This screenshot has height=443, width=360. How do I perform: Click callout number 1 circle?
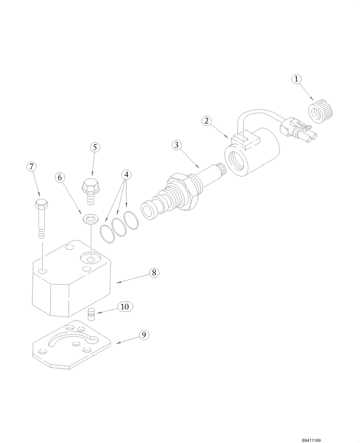(x=296, y=80)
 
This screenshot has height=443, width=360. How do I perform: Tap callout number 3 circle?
(x=176, y=145)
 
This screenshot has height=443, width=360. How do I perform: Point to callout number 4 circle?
(x=127, y=175)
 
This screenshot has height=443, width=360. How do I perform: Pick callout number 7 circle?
(x=31, y=167)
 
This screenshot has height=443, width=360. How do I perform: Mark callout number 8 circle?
(x=153, y=273)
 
